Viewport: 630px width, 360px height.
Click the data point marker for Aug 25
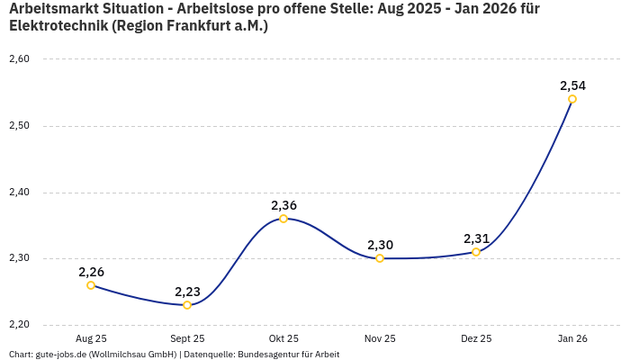pos(91,285)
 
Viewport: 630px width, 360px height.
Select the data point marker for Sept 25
pos(187,305)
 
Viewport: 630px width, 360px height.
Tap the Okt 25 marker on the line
pos(283,219)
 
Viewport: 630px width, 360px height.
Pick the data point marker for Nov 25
pos(380,258)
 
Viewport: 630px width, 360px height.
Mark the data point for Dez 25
pos(476,252)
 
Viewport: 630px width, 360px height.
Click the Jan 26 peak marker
pos(572,99)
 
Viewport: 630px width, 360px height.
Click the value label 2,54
pos(572,85)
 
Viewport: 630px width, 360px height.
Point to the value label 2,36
pos(283,205)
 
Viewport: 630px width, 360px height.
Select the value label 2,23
pos(187,292)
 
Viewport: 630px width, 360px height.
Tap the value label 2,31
pos(476,238)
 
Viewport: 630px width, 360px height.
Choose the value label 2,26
pos(91,272)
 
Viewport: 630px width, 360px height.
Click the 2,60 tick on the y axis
pos(19,59)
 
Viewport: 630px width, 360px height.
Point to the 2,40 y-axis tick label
pos(19,192)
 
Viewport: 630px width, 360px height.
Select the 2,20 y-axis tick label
pos(19,325)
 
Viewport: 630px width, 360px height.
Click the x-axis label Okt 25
pos(283,339)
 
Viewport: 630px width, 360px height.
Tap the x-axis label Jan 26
pos(572,339)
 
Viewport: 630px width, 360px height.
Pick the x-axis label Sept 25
pos(187,339)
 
